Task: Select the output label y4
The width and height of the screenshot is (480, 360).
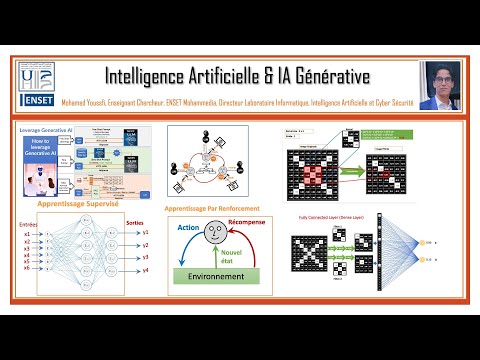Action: click(146, 268)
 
